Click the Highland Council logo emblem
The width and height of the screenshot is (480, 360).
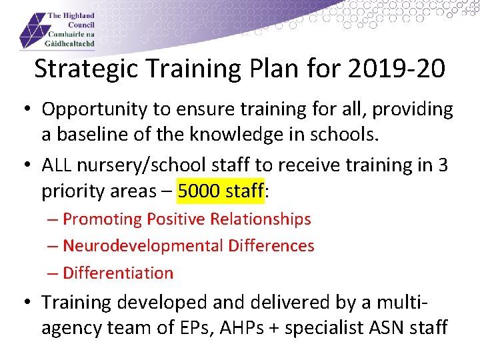[x=33, y=31]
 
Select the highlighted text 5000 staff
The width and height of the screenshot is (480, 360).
[x=221, y=191]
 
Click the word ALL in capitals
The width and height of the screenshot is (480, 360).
[x=57, y=165]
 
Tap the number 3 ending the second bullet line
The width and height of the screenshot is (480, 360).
[x=443, y=165]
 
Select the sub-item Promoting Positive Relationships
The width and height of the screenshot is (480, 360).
[x=187, y=219]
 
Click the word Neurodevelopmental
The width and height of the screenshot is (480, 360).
[x=143, y=246]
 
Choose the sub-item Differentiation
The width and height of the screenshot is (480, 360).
[x=117, y=273]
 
